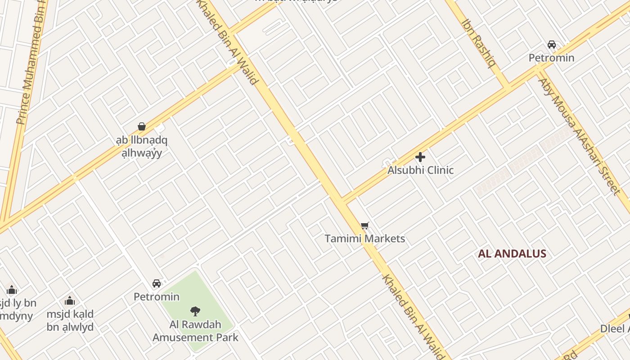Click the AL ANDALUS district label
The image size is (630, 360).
pos(512,253)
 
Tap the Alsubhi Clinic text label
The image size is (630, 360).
pos(420,170)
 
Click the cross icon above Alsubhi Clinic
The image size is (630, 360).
pos(420,157)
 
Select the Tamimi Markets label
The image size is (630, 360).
pos(364,238)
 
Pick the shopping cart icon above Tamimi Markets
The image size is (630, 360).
pos(364,225)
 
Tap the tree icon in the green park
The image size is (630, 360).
pos(195,310)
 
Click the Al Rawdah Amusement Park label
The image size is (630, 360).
pos(195,331)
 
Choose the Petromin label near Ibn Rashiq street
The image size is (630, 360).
pos(551,58)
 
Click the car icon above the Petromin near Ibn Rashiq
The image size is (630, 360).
pos(552,45)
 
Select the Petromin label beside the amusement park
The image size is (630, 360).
pos(157,297)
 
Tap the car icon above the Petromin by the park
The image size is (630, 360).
pos(157,283)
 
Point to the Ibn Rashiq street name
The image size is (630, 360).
pos(479,43)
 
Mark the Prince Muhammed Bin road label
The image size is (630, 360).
pos(31,63)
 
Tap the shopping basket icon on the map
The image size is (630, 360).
pos(142,126)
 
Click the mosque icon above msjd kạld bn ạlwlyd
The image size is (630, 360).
pos(70,300)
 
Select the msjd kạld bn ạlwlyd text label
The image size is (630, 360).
pos(70,320)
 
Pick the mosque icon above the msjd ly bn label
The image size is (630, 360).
pos(12,290)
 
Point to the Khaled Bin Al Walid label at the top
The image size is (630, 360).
pos(229,43)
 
